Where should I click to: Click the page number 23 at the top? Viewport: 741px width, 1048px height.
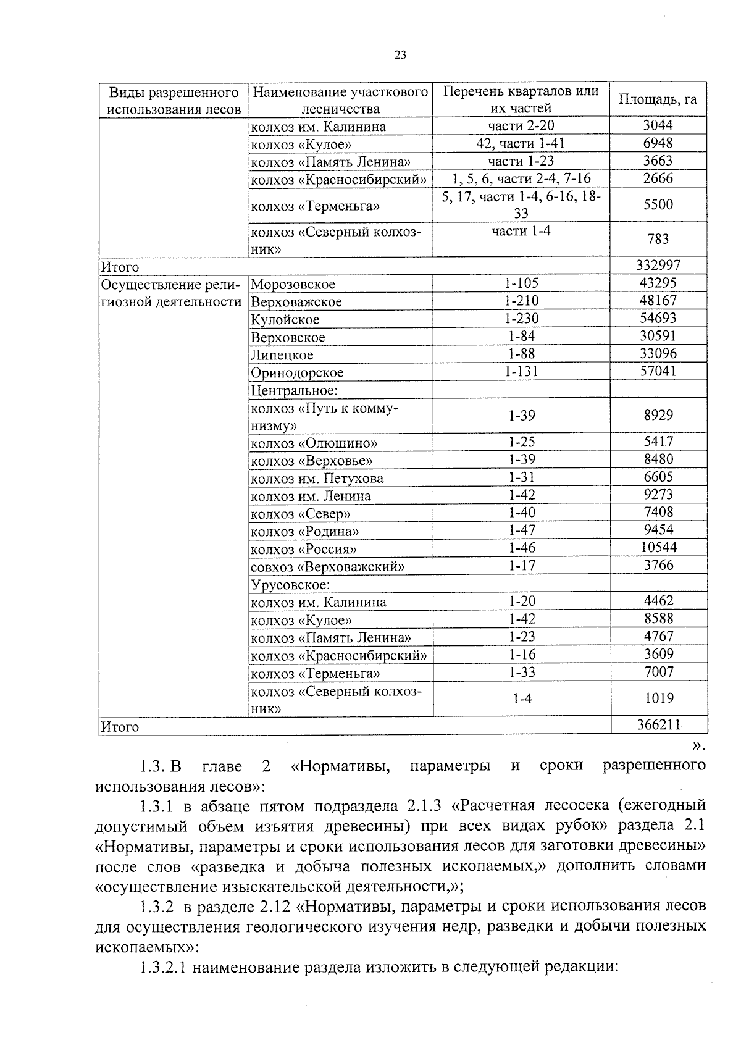(400, 56)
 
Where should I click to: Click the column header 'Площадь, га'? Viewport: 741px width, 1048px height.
(658, 99)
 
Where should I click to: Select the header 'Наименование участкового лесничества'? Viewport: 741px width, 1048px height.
(340, 100)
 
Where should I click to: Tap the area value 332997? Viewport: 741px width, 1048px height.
(658, 266)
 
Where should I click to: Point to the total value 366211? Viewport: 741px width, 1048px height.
(659, 724)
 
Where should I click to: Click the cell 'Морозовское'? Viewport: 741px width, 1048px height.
(293, 285)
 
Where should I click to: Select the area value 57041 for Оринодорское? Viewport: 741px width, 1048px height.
(658, 371)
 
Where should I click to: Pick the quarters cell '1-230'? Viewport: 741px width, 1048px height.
(521, 318)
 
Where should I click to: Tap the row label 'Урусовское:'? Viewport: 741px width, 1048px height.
(290, 585)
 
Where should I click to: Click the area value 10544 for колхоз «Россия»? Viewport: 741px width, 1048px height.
(658, 548)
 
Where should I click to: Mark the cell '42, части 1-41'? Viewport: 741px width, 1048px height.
(521, 143)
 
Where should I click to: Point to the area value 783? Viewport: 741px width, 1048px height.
(658, 240)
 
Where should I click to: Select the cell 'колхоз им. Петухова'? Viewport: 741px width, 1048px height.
(317, 479)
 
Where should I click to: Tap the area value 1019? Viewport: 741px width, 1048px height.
(659, 698)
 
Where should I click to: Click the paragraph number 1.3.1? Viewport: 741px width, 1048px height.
(159, 806)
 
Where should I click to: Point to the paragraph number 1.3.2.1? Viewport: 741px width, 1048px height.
(164, 966)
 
